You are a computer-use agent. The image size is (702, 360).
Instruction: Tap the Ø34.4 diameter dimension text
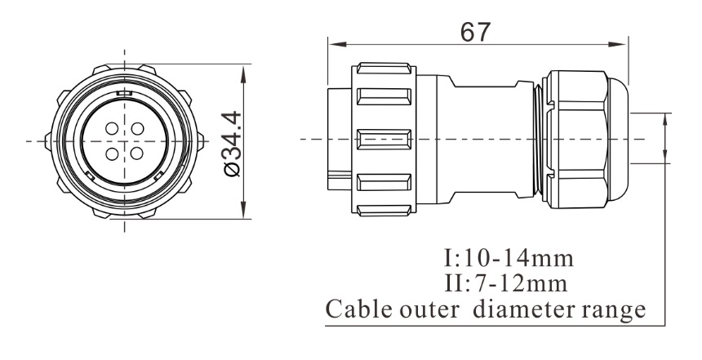[232, 141]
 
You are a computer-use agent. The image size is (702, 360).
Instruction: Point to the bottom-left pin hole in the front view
[111, 152]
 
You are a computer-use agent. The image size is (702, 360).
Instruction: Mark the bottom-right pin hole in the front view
[135, 152]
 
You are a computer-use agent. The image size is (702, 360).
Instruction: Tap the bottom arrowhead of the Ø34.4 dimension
[246, 214]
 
